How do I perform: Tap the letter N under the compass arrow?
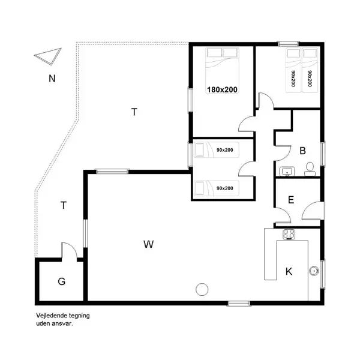[52, 78]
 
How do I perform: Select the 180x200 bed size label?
[223, 89]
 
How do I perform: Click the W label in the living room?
[149, 244]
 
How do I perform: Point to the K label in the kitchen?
[289, 272]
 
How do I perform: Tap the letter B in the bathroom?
[303, 151]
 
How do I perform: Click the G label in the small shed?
[61, 281]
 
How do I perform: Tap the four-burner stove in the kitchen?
[289, 235]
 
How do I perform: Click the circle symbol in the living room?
[202, 289]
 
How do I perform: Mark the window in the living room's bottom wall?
[239, 303]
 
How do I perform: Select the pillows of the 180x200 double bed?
[223, 53]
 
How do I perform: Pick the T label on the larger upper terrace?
[134, 111]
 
